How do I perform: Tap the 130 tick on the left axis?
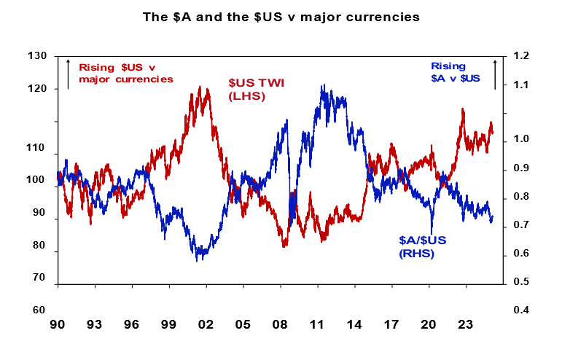(37, 56)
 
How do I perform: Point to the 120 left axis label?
(37, 89)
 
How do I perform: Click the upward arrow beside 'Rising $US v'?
(68, 73)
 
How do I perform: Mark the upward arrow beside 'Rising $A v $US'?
(495, 73)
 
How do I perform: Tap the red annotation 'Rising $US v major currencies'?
(125, 72)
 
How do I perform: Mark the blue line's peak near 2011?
(322, 86)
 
